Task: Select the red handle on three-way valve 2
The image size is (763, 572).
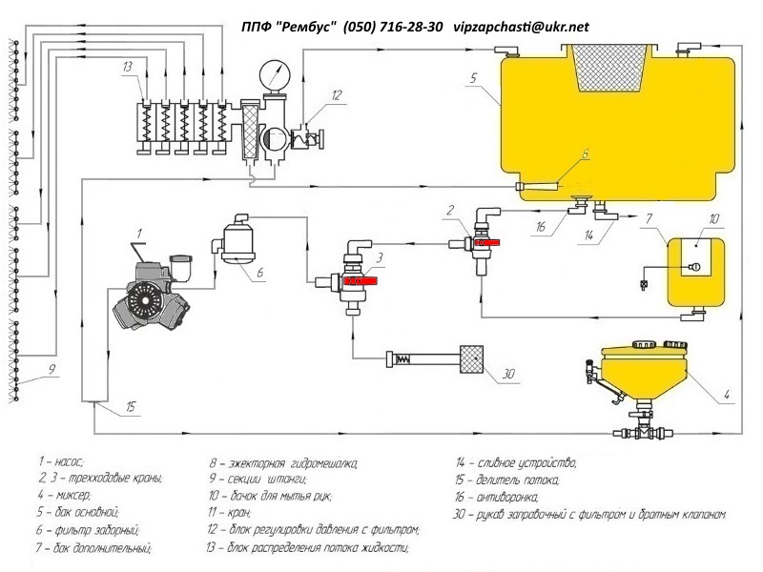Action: coord(487,245)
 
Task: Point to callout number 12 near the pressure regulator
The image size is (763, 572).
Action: coord(335,94)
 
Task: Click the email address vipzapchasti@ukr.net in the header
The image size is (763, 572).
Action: coord(521,27)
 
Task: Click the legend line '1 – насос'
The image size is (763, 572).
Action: coord(62,461)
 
